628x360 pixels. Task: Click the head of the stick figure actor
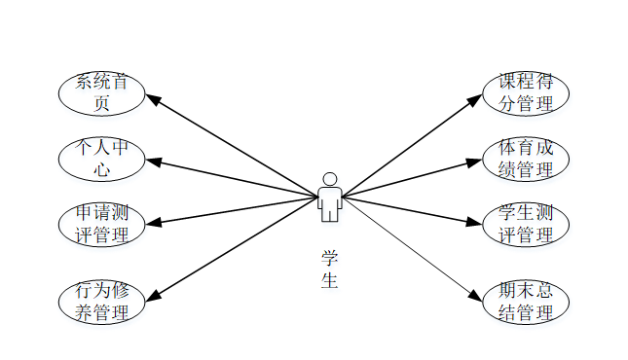coord(330,179)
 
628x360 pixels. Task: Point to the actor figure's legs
coord(330,214)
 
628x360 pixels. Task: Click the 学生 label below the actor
coord(329,270)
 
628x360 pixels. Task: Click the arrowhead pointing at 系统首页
coord(153,99)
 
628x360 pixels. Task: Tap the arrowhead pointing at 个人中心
coord(153,162)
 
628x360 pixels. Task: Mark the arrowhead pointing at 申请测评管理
coord(154,222)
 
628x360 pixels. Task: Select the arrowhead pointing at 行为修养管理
coord(153,295)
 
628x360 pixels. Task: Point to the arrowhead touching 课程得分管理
coord(475,100)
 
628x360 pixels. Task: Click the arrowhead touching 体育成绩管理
coord(474,162)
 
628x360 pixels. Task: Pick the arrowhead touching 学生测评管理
coord(474,222)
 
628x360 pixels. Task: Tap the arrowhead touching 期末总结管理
coord(476,296)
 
